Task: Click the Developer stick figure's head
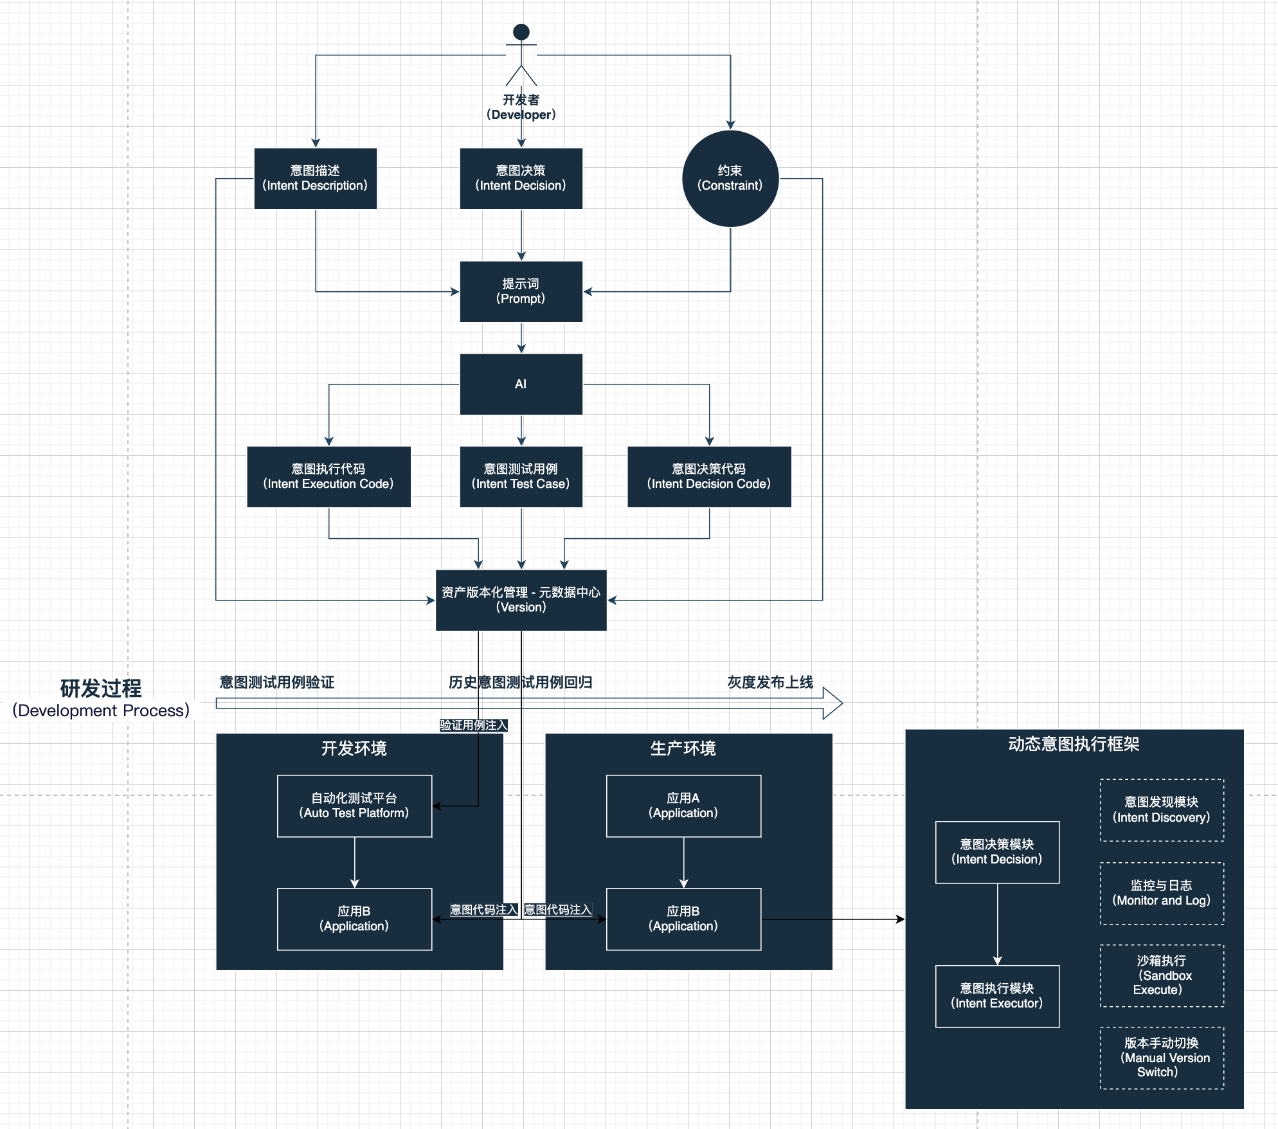pos(521,32)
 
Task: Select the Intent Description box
pos(315,178)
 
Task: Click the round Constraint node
pos(730,178)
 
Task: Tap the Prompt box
pos(521,291)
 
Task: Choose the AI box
pos(521,384)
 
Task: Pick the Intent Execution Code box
pos(328,476)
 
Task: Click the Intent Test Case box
pos(521,476)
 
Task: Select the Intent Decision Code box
pos(709,476)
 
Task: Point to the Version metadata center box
pos(521,600)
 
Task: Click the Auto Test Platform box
pos(354,806)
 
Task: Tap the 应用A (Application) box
pos(683,806)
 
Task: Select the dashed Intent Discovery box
pos(1162,809)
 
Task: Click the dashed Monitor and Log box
pos(1162,893)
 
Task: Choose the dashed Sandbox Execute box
pos(1162,975)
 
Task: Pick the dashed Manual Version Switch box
pos(1162,1058)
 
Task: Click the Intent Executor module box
pos(997,996)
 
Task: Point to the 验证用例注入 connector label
pos(474,725)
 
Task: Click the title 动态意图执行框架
pos(1074,744)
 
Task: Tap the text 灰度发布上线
pos(770,682)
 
